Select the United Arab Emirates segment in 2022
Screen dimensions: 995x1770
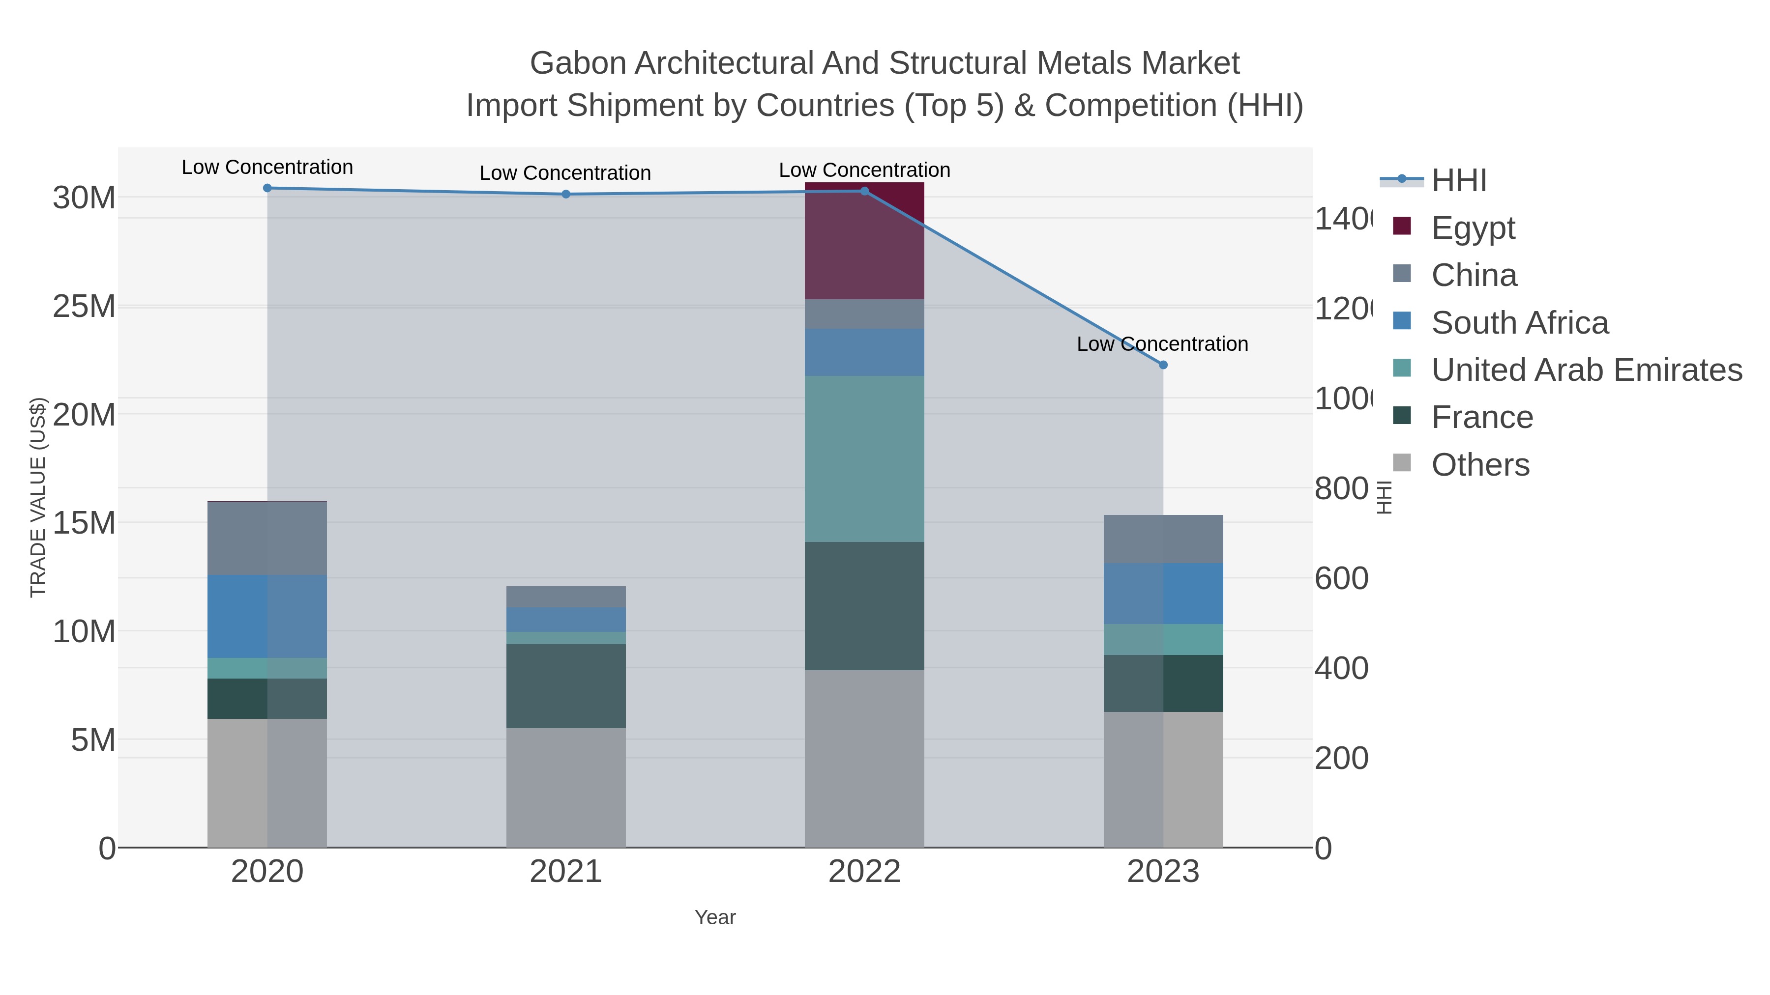(864, 459)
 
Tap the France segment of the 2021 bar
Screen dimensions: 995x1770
(565, 685)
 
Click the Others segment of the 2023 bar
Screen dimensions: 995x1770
(1163, 779)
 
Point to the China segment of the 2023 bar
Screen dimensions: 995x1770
(1163, 539)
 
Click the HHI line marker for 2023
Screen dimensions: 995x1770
(1163, 365)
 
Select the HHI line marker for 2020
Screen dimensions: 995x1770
(267, 188)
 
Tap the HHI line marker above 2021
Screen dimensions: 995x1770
(565, 194)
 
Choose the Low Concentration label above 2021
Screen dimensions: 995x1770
(565, 173)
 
